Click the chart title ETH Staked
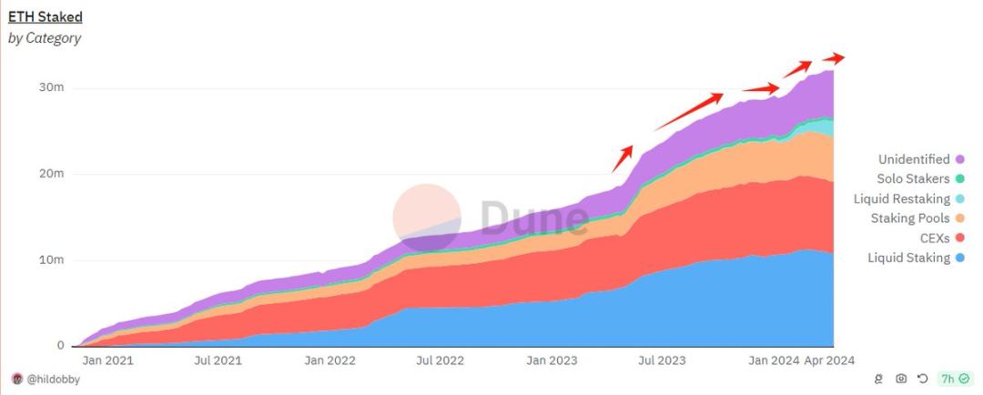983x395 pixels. click(x=46, y=16)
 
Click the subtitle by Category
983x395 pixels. click(x=45, y=38)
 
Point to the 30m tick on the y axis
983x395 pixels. click(x=52, y=87)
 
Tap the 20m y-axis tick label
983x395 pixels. click(x=52, y=174)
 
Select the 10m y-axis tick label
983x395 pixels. click(x=52, y=260)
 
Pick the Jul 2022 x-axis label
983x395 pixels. click(x=441, y=360)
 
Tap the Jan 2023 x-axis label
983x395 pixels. click(x=552, y=360)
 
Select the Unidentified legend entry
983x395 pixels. click(x=914, y=159)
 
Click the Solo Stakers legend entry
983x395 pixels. click(x=913, y=179)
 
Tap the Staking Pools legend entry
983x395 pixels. click(x=910, y=218)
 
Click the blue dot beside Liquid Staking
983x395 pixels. click(x=960, y=258)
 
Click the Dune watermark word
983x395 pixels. click(x=533, y=218)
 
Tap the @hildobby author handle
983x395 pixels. click(x=53, y=379)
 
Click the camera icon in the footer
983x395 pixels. click(x=901, y=379)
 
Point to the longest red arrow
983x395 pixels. click(x=689, y=111)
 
